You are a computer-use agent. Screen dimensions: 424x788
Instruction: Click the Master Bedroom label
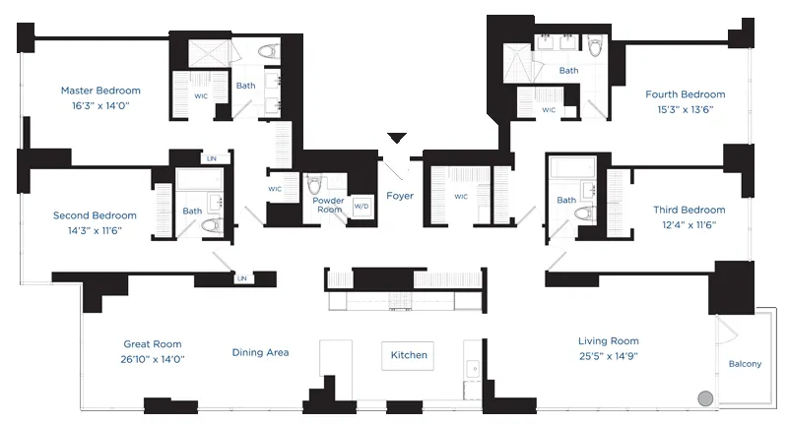point(99,90)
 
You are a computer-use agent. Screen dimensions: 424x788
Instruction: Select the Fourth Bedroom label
point(685,94)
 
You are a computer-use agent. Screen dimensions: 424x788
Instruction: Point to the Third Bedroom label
point(689,210)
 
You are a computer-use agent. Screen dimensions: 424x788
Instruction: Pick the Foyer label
point(400,196)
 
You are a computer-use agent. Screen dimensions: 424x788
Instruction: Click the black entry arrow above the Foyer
point(397,138)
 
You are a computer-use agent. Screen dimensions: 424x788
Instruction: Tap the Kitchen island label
point(409,355)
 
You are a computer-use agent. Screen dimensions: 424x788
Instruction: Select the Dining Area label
point(260,352)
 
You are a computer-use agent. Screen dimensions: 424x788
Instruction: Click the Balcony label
point(745,364)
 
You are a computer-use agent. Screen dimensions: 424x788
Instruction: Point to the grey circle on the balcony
point(704,399)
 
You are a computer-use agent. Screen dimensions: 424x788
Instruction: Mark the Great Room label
point(153,344)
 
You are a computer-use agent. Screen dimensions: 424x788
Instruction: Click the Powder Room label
point(328,205)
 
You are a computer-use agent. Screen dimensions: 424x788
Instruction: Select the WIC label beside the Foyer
point(460,197)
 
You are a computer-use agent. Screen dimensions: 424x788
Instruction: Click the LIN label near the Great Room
point(240,279)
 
